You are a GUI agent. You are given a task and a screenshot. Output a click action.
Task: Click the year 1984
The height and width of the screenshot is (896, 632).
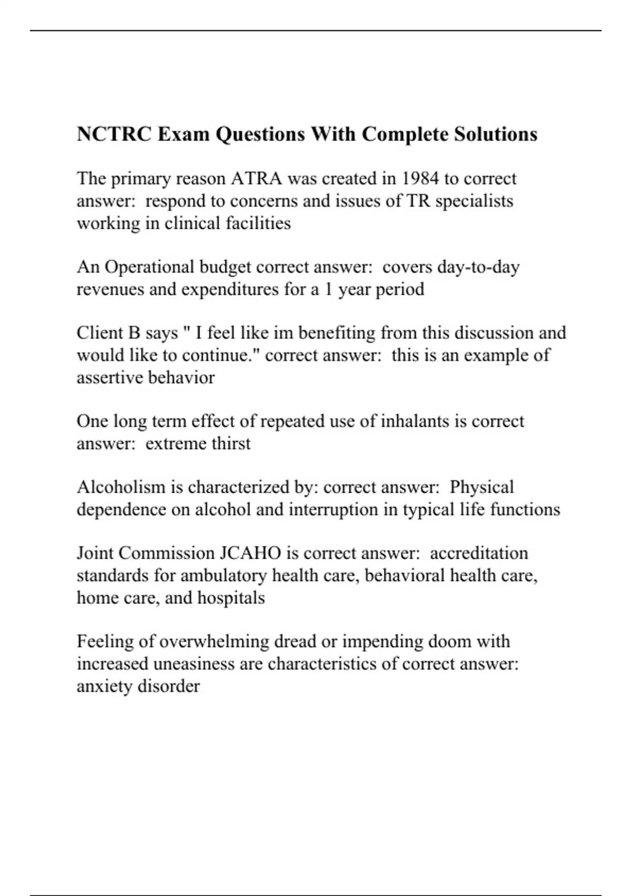point(420,179)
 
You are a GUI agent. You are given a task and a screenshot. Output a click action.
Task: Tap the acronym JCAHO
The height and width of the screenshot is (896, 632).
point(248,553)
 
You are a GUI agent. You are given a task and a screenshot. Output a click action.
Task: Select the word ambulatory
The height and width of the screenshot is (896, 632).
point(223,576)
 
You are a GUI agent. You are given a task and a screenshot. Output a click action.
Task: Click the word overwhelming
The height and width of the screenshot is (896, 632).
point(214,641)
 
